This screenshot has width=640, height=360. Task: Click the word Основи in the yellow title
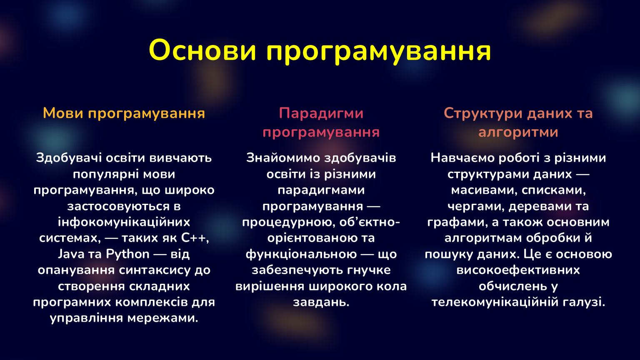[202, 50]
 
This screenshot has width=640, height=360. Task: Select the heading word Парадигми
[321, 113]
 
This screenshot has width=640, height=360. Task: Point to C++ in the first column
[195, 238]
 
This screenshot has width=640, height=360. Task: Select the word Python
[128, 254]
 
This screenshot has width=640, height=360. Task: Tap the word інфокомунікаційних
[124, 222]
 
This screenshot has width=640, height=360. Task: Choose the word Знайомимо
[283, 158]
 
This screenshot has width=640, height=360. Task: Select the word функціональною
[301, 254]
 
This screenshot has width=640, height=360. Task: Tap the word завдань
[321, 302]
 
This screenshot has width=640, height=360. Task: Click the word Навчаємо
[462, 158]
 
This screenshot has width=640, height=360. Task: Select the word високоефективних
[518, 270]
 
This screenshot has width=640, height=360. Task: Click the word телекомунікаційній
[495, 302]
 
